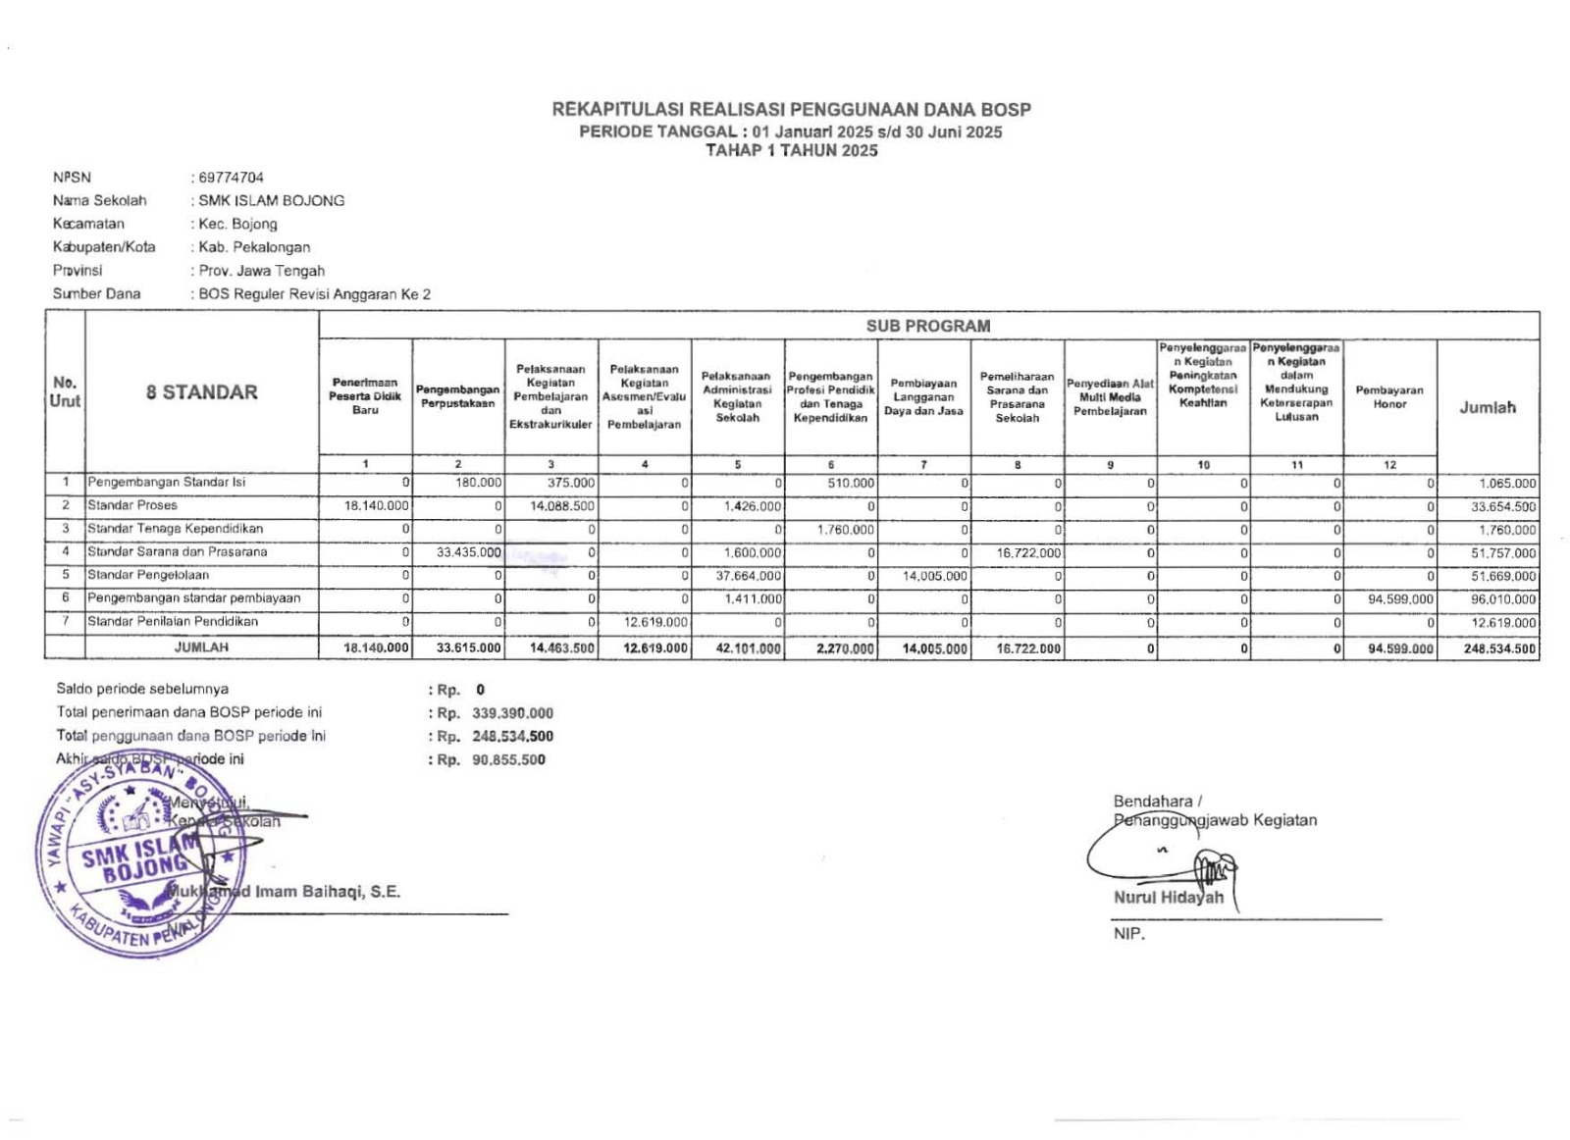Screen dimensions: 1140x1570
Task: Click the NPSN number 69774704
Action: tap(231, 178)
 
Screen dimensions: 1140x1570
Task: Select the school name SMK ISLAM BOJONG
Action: tap(271, 201)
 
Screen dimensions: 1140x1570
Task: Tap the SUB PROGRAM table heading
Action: tap(927, 326)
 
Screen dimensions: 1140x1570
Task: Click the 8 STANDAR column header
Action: tap(202, 392)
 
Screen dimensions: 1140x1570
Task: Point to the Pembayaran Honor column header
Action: tap(1389, 397)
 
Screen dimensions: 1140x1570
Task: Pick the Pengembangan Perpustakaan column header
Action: tap(457, 396)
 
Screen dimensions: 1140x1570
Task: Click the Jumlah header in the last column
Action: tap(1487, 407)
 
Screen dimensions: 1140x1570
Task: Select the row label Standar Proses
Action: tap(132, 506)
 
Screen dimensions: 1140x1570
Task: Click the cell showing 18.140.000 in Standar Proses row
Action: tap(377, 506)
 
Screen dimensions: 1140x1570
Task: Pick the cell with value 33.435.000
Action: tap(469, 552)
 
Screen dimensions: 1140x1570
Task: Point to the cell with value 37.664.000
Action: tap(749, 576)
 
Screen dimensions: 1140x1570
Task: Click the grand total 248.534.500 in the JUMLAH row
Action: tap(1499, 648)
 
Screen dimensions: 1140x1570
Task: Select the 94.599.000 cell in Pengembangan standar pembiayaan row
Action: tap(1400, 599)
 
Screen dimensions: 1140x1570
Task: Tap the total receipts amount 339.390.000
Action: tap(512, 713)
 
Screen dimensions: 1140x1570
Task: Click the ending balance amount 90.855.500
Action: tap(508, 760)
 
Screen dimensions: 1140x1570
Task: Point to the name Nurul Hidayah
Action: tap(1168, 898)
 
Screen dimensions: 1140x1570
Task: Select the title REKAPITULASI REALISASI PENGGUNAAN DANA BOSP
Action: tap(791, 110)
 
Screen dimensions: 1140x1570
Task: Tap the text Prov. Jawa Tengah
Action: tap(261, 271)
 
